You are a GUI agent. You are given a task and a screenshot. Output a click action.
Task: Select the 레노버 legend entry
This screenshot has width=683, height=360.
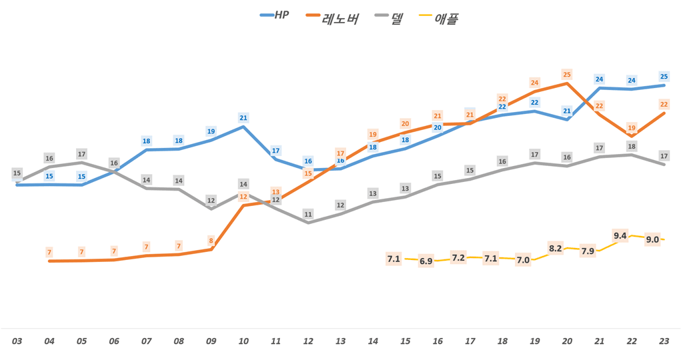click(x=331, y=17)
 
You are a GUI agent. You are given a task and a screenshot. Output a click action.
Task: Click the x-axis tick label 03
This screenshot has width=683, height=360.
click(x=17, y=341)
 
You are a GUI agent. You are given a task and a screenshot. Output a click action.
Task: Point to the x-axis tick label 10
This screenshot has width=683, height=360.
click(x=243, y=341)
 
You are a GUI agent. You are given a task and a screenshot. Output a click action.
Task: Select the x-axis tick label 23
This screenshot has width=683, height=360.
click(x=664, y=341)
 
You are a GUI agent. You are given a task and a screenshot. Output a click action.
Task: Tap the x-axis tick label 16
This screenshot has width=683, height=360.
click(x=438, y=341)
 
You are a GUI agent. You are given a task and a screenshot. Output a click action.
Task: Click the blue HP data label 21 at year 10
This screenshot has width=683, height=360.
click(x=243, y=118)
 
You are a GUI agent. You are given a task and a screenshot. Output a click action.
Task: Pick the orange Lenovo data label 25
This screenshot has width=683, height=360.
click(x=567, y=75)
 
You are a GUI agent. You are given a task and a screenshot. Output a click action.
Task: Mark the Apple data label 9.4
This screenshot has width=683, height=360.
click(x=620, y=235)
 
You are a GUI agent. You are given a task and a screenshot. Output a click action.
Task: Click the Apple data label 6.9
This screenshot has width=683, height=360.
click(x=426, y=261)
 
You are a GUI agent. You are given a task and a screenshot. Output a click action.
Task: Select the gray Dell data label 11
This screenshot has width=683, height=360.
click(x=308, y=215)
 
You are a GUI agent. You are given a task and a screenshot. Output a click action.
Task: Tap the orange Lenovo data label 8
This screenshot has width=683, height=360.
click(x=211, y=241)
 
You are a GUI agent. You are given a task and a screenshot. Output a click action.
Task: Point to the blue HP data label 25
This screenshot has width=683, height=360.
click(x=664, y=77)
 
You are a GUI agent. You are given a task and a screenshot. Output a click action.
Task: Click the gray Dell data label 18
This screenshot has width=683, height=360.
click(x=632, y=147)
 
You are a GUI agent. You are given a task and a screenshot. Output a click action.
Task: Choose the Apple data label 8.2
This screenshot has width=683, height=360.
click(x=555, y=248)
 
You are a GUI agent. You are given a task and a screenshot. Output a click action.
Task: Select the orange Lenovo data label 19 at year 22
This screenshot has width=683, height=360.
click(x=632, y=128)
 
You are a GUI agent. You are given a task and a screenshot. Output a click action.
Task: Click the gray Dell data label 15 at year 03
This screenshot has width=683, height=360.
click(x=17, y=173)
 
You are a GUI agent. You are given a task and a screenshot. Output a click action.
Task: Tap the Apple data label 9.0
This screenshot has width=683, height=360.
click(x=652, y=240)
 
